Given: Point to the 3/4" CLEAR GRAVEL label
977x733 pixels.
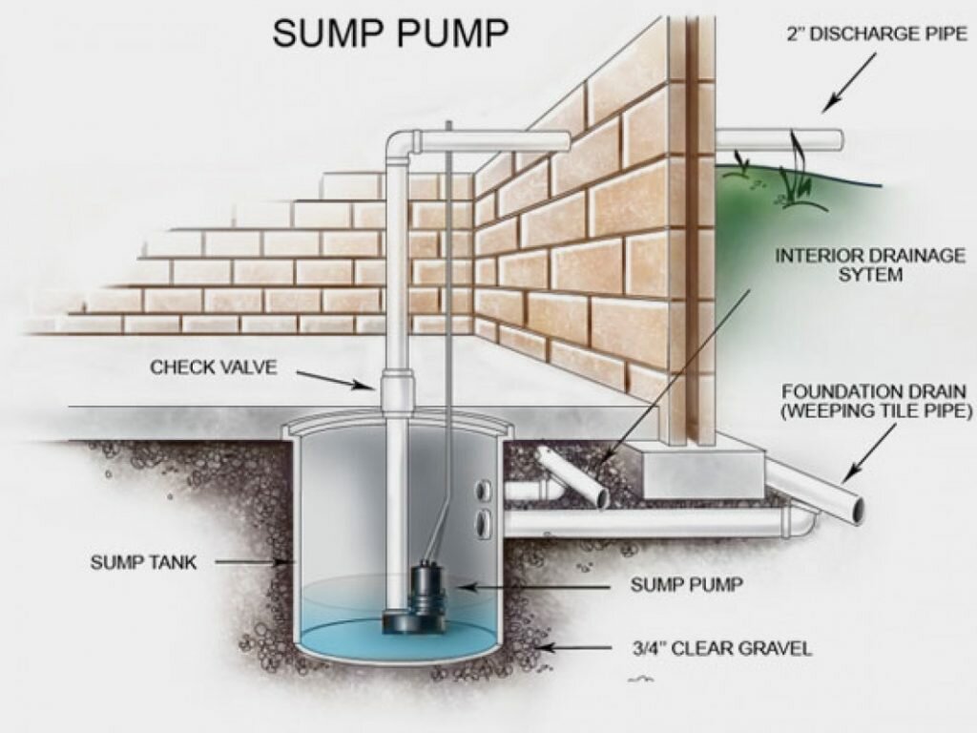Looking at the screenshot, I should pos(720,649).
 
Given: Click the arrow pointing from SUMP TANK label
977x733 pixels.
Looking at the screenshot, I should pos(249,562).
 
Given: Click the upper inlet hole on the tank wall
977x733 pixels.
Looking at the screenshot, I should pos(484,490).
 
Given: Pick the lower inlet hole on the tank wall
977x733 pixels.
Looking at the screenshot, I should pos(484,522).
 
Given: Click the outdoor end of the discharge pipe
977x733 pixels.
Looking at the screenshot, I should pos(836,139).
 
